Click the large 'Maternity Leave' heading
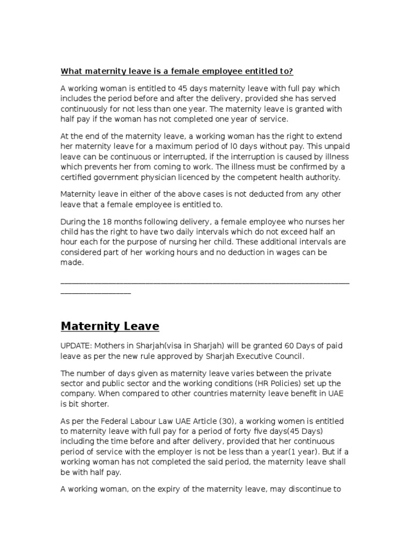pyautogui.click(x=110, y=326)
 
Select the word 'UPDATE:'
pyautogui.click(x=77, y=346)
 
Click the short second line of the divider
pyautogui.click(x=95, y=293)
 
